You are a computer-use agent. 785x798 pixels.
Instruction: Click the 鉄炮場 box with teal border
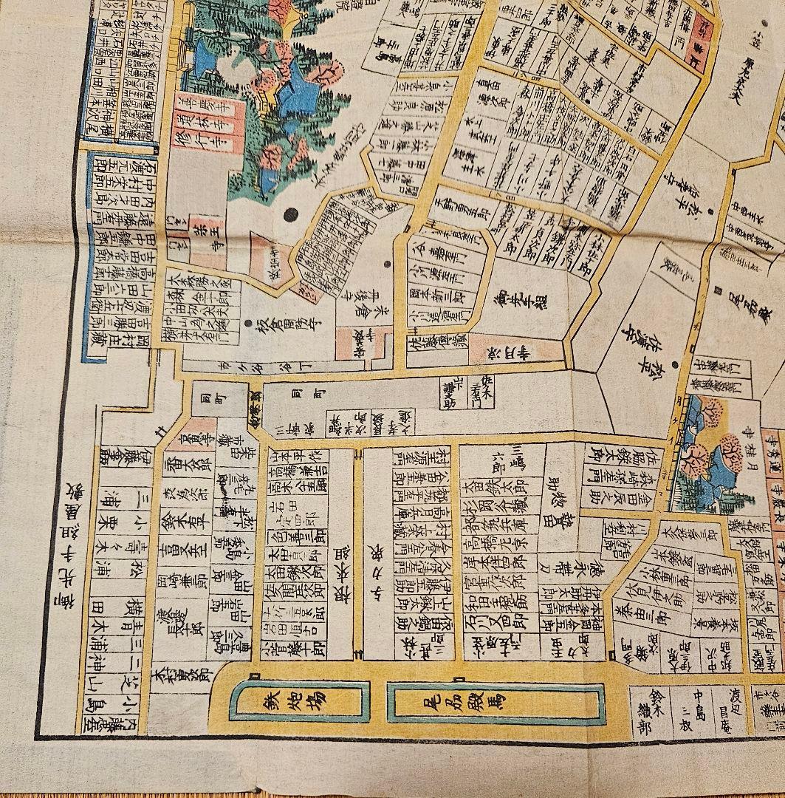click(x=298, y=700)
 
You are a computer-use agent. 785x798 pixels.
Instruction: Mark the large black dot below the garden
click(x=290, y=214)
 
